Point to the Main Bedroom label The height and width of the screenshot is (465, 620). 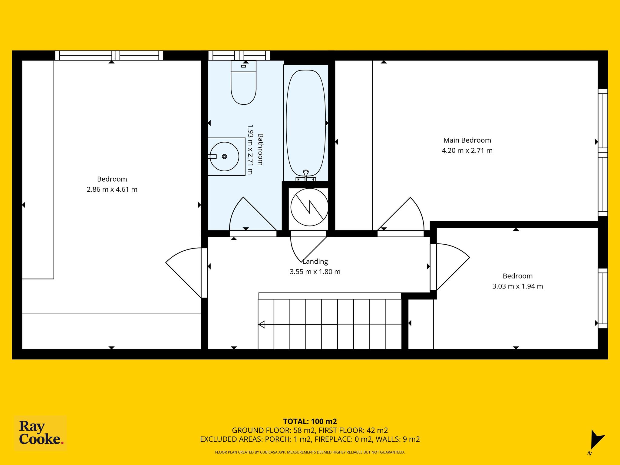(x=467, y=140)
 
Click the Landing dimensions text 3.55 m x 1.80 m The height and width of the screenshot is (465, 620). (x=315, y=272)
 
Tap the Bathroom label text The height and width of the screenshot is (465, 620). (x=260, y=149)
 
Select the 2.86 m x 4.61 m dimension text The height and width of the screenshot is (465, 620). (x=112, y=190)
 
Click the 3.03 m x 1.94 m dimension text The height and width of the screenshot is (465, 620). (x=517, y=286)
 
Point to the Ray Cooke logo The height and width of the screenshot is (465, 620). (x=41, y=433)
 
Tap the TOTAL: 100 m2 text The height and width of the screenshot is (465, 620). (x=310, y=421)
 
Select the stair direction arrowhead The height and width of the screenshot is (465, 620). (x=262, y=324)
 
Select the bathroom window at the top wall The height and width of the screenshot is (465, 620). (x=239, y=55)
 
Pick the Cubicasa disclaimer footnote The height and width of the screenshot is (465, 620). (x=310, y=452)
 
